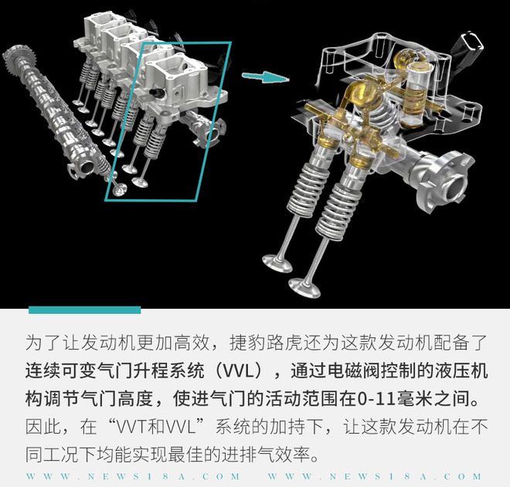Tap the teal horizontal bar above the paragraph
point(85,310)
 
